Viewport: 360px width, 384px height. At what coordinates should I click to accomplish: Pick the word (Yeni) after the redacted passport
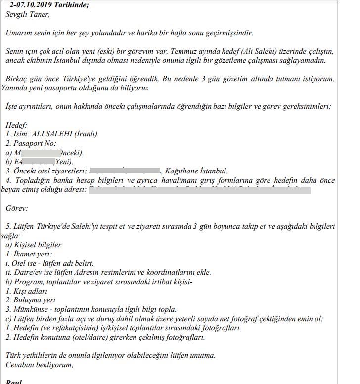coord(64,162)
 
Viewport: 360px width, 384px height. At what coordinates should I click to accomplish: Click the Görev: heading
coord(17,209)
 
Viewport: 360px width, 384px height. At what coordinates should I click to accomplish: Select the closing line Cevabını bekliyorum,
coord(40,365)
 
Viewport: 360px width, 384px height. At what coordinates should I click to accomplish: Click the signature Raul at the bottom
coord(13,382)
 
